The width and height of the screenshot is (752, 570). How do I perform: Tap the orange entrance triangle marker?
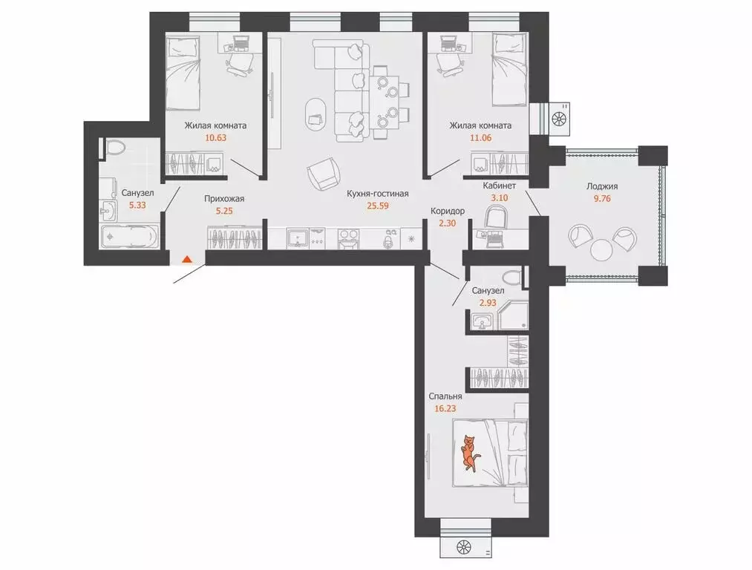(x=187, y=259)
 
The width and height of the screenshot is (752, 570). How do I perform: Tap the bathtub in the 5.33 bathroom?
(x=129, y=237)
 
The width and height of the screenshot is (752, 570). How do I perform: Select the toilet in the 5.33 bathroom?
(x=114, y=148)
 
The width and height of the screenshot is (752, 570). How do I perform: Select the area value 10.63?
(x=215, y=139)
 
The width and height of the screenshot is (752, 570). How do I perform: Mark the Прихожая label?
(x=225, y=198)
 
